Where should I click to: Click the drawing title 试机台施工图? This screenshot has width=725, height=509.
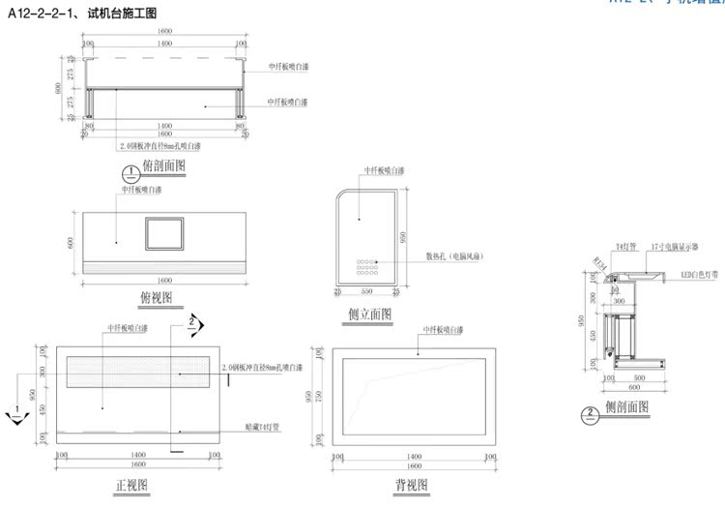[x=114, y=12]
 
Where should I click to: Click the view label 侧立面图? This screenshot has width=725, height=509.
[x=370, y=314]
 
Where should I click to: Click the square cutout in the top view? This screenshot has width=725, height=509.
[x=163, y=234]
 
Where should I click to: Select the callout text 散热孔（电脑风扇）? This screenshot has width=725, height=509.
[x=454, y=256]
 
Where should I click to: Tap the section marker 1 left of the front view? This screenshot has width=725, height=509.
[x=16, y=414]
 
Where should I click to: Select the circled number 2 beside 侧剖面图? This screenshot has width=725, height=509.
[x=589, y=416]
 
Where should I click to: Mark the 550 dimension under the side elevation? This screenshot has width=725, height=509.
[x=365, y=290]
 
